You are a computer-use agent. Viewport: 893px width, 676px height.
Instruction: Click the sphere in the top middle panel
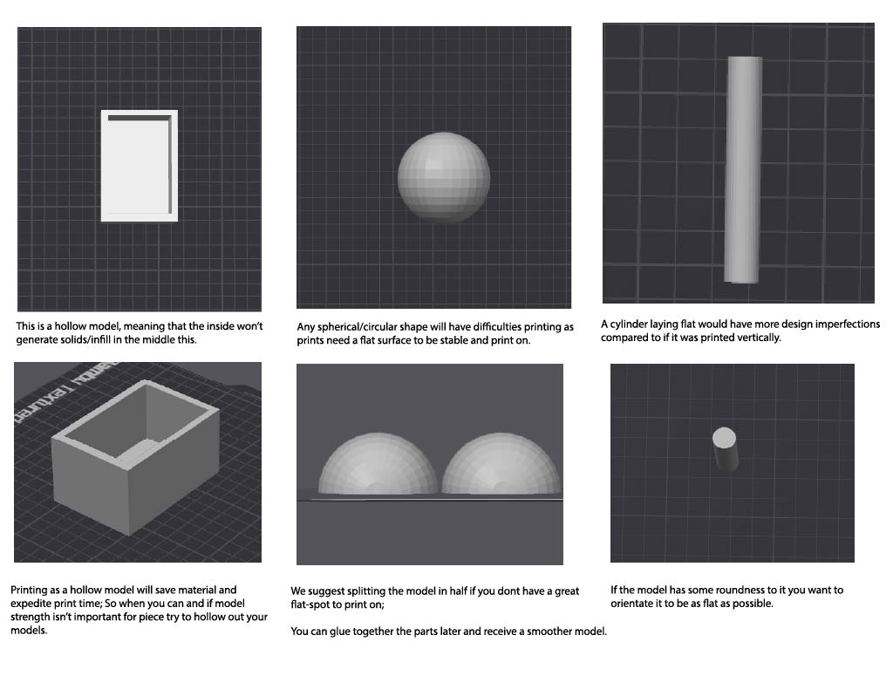(444, 178)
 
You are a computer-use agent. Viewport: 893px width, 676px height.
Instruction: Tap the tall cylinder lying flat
(743, 170)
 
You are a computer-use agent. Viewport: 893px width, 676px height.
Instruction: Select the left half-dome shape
(378, 464)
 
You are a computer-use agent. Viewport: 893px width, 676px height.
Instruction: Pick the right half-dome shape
(501, 464)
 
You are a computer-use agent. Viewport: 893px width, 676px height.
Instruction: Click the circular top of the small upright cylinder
(724, 439)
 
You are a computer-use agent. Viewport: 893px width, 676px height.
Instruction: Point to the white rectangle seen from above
(140, 166)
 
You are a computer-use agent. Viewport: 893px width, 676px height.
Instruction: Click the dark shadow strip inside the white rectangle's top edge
(140, 119)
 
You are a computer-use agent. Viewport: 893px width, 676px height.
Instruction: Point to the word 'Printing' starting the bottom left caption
(30, 591)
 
